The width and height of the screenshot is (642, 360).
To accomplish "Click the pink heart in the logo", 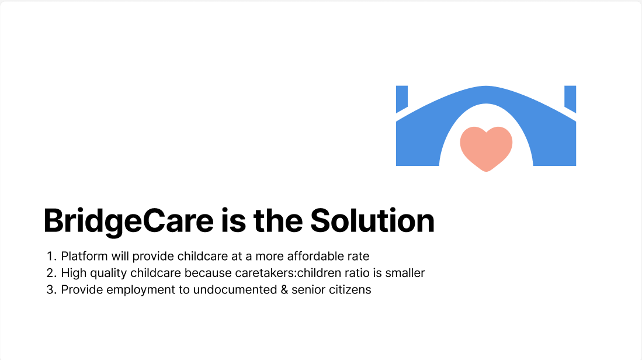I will pyautogui.click(x=486, y=146).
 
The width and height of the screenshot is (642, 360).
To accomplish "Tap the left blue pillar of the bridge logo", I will pyautogui.click(x=401, y=98).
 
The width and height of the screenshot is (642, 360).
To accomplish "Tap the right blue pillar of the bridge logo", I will pyautogui.click(x=570, y=98).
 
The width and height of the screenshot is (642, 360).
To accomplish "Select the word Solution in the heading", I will pyautogui.click(x=372, y=221).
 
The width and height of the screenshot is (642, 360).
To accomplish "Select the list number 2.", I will pyautogui.click(x=50, y=273).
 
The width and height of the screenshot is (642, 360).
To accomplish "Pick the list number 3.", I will pyautogui.click(x=50, y=290).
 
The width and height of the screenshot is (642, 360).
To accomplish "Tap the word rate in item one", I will pyautogui.click(x=359, y=256).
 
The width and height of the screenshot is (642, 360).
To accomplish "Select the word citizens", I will pyautogui.click(x=349, y=290).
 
